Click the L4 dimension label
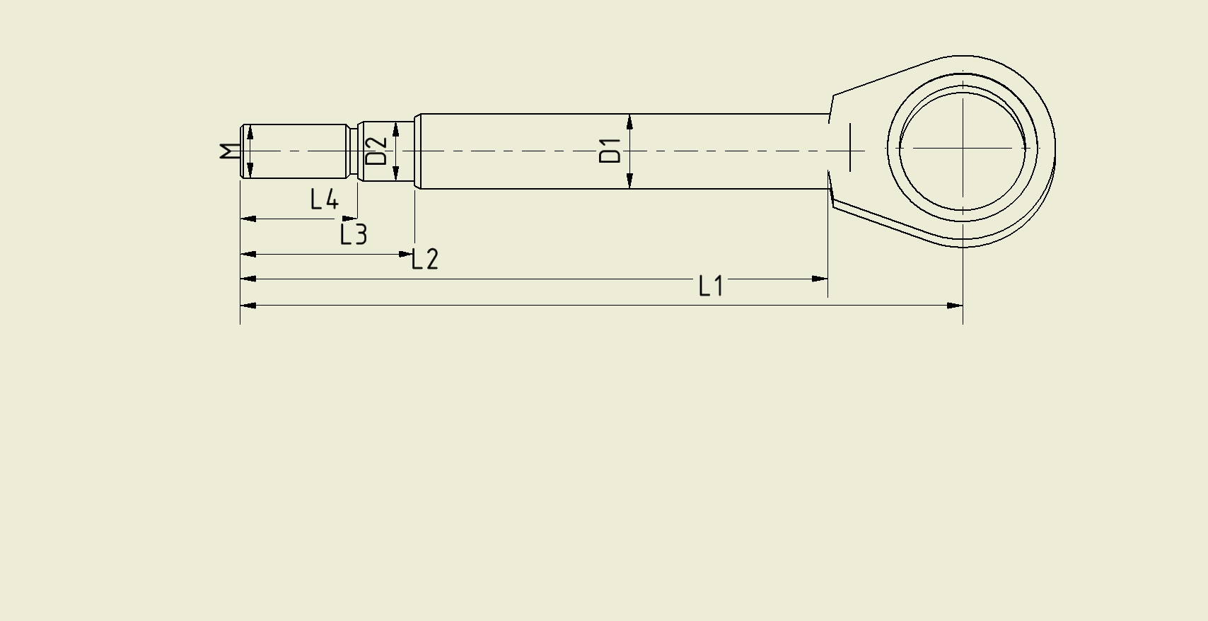pos(325,199)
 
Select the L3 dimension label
pos(354,235)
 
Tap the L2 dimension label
pos(426,260)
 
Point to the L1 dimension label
pos(711,286)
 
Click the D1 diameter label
pos(610,151)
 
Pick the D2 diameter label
pos(376,151)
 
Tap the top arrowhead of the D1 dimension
pos(630,122)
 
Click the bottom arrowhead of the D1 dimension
pos(630,181)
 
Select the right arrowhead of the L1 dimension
pos(820,279)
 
